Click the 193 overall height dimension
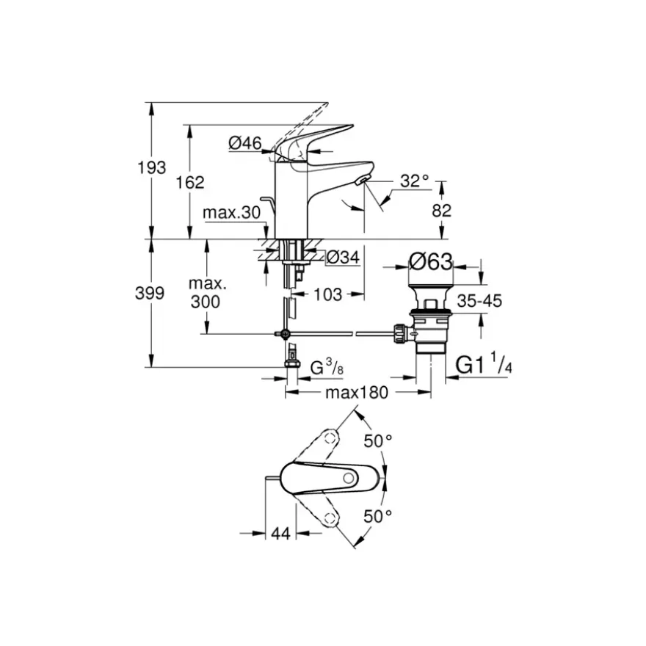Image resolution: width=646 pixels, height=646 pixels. (x=152, y=167)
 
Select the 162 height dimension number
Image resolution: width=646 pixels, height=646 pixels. (x=190, y=182)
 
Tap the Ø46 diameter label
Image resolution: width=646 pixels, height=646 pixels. (x=245, y=143)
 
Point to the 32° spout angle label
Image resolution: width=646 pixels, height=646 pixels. (x=415, y=181)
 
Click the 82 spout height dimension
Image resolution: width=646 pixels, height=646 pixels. (x=442, y=211)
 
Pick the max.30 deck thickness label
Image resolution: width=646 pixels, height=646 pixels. (x=231, y=213)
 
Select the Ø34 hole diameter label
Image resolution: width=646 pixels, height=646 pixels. (x=344, y=258)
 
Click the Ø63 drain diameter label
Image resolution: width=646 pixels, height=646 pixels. (x=430, y=261)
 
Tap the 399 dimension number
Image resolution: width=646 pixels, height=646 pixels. (x=150, y=294)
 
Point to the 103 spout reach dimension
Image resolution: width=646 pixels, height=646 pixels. (x=328, y=294)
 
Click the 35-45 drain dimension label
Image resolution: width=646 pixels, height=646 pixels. (x=479, y=301)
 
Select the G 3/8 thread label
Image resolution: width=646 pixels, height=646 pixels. (x=327, y=366)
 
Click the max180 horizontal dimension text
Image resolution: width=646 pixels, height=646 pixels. (x=357, y=393)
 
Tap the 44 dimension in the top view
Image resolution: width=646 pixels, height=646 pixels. (x=280, y=534)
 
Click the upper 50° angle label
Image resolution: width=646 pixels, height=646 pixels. (x=377, y=441)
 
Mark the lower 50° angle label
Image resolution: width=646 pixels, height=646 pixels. (x=377, y=516)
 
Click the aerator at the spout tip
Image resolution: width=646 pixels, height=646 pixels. (x=363, y=179)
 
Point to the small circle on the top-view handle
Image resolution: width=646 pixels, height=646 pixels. (x=349, y=479)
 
